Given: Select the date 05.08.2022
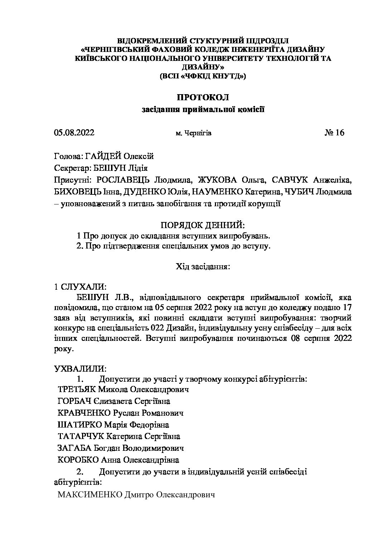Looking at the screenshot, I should (x=74, y=133).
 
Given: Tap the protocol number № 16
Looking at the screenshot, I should (x=334, y=133).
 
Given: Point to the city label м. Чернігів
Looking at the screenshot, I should (x=193, y=133).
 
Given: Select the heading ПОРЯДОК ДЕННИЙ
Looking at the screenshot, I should (x=202, y=225).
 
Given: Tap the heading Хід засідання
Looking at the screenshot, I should (x=202, y=266).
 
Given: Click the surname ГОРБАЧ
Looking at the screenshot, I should (x=75, y=401).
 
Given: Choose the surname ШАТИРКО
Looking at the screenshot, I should (x=80, y=425).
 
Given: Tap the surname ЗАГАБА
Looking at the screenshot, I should (x=74, y=448).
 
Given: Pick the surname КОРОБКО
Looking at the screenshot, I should (x=78, y=460).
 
